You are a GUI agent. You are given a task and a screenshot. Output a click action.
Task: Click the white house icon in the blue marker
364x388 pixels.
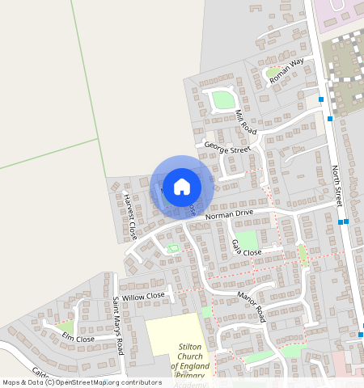click(x=182, y=186)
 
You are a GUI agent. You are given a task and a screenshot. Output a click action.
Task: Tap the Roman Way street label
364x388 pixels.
click(x=286, y=72)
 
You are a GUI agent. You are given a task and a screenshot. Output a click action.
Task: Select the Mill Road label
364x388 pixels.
click(x=245, y=121)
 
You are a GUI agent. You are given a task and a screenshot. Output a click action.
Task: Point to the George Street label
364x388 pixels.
click(x=227, y=147)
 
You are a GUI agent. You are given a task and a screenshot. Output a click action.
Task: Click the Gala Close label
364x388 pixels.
click(x=246, y=248)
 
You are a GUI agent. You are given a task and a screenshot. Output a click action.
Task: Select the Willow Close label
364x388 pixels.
click(x=143, y=297)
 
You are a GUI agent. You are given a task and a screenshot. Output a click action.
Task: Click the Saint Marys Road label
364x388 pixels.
click(x=118, y=327)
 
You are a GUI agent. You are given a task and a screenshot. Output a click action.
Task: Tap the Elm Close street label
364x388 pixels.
click(x=78, y=338)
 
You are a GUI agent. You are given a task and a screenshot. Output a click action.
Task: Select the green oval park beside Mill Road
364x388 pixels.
click(x=221, y=101)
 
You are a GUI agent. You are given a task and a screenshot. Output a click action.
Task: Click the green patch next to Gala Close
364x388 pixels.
click(x=247, y=238)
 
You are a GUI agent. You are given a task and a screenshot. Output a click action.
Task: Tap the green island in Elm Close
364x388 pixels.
click(x=65, y=327)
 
